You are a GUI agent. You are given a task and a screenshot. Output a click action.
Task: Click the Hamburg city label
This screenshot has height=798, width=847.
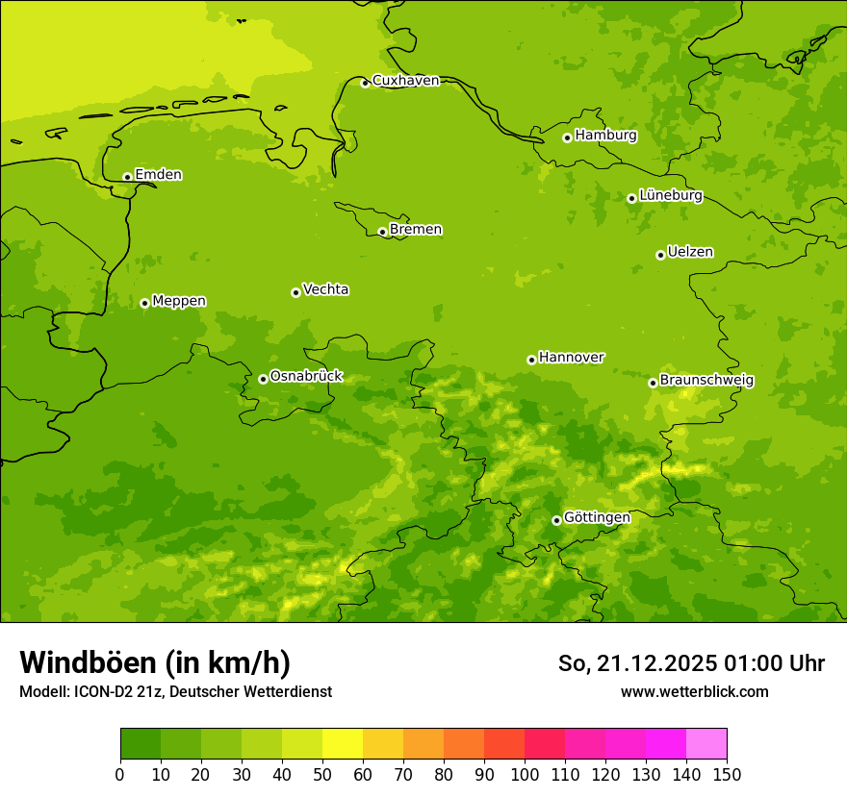coord(605,136)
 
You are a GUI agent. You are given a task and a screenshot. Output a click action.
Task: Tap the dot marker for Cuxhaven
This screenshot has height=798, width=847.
coord(365,83)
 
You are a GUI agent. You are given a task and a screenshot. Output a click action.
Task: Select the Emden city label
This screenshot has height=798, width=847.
coord(158,175)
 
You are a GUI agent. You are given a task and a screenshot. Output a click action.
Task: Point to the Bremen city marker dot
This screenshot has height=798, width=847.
coord(382,232)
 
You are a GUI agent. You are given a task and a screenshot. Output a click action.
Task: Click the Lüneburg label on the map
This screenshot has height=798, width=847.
coord(670,195)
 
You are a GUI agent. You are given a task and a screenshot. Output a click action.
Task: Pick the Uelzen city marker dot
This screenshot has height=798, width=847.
coord(660,255)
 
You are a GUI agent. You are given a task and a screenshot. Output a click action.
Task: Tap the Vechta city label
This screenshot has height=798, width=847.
coord(325,289)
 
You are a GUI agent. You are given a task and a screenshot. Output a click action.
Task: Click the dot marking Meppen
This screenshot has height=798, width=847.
coord(144,303)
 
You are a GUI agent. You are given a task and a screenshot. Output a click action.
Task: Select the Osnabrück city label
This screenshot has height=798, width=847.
coord(306,377)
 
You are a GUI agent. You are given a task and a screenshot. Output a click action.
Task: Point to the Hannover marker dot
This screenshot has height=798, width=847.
coord(531,360)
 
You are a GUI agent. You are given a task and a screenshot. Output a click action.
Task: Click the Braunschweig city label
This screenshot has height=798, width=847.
coord(706,381)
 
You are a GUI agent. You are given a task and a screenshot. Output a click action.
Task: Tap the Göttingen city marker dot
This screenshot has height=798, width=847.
coord(556,520)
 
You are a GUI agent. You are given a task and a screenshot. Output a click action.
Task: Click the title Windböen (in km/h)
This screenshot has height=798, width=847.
coord(155,662)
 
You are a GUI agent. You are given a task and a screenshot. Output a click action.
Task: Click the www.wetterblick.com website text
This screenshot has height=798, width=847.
coord(694,691)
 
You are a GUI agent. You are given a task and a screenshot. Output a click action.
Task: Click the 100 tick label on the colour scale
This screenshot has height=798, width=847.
coord(525,774)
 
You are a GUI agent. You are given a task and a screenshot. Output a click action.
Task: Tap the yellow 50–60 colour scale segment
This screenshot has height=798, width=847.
coord(343,744)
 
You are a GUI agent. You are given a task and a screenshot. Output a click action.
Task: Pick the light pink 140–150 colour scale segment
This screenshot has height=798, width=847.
coord(706,744)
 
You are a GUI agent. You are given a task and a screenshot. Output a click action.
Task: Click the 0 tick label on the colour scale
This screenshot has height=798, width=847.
coord(120,774)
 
